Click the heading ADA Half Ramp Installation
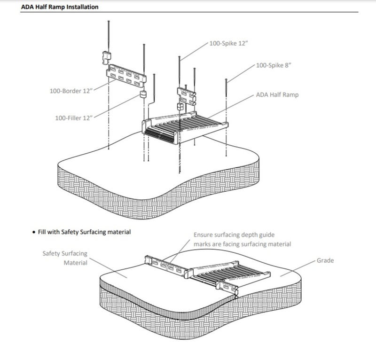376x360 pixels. [x=60, y=7]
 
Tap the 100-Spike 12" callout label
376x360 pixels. [x=228, y=43]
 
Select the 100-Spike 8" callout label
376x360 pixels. [x=274, y=65]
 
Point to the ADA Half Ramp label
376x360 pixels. [x=277, y=95]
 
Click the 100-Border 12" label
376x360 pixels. [x=71, y=91]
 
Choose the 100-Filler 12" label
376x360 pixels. [x=74, y=118]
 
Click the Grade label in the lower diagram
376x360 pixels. [x=325, y=260]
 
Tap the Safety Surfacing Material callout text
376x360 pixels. [x=65, y=258]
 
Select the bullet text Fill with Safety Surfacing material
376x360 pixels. [x=85, y=232]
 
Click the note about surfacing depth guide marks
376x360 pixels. [x=242, y=239]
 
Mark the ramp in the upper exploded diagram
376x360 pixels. [x=185, y=127]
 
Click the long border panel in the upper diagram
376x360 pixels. [x=126, y=75]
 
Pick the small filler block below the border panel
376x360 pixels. [x=143, y=94]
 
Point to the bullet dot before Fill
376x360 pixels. [x=33, y=232]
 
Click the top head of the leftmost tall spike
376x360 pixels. [x=109, y=21]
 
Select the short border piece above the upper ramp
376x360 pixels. [x=187, y=96]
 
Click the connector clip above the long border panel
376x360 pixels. [x=107, y=58]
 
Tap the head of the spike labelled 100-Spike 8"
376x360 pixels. [x=226, y=79]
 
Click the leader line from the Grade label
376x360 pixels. [x=298, y=268]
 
